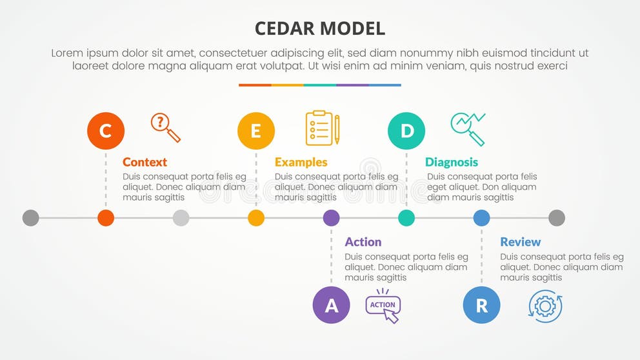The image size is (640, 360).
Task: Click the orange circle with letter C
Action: click(x=106, y=131)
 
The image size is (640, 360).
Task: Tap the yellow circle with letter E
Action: click(x=256, y=131)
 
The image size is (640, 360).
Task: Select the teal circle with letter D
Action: click(x=406, y=131)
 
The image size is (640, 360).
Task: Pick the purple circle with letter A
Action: click(x=331, y=305)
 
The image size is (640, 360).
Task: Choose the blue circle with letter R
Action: click(x=481, y=305)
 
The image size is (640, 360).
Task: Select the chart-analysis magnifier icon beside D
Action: click(x=468, y=128)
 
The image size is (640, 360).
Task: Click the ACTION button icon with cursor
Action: click(x=383, y=307)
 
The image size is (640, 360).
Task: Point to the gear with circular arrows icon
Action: click(x=545, y=306)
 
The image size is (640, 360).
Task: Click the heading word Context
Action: click(x=145, y=162)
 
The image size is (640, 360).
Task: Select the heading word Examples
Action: click(x=301, y=162)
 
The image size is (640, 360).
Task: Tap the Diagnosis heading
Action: click(x=452, y=162)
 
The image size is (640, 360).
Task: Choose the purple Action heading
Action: click(x=363, y=242)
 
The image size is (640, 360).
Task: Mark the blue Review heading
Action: click(x=520, y=242)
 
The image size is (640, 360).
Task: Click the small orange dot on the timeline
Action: click(x=106, y=218)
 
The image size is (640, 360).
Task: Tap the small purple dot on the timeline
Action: click(x=331, y=218)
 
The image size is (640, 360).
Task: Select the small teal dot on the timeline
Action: click(x=406, y=218)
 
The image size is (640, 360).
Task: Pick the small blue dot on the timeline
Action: click(x=481, y=218)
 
